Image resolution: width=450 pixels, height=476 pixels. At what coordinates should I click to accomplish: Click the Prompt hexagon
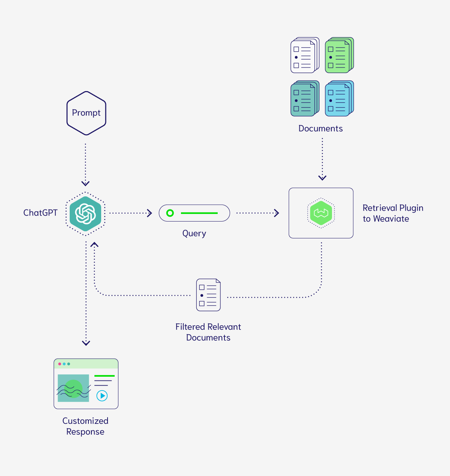[x=86, y=113]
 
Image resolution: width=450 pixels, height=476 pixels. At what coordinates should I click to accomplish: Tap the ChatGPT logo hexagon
[x=85, y=214]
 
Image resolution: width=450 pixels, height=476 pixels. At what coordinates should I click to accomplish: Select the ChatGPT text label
[x=40, y=213]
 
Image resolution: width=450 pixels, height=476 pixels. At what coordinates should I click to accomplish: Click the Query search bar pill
[x=194, y=213]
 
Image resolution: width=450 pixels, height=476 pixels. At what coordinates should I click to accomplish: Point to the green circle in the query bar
[x=170, y=213]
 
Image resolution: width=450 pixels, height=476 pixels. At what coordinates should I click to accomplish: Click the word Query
[x=194, y=234]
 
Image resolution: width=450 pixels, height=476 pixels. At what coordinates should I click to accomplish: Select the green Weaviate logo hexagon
[x=321, y=213]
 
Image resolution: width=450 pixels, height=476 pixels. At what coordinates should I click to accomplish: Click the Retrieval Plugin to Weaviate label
[x=393, y=213]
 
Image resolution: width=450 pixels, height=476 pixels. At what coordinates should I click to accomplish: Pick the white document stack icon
[x=305, y=55]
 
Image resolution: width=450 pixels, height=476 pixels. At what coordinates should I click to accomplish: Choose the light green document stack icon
[x=339, y=55]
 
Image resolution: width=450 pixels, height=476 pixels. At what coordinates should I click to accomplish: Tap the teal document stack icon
[x=305, y=99]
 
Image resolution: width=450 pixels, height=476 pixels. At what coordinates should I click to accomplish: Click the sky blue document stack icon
[x=339, y=99]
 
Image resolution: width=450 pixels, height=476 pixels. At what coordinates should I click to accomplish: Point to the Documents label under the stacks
[x=320, y=129]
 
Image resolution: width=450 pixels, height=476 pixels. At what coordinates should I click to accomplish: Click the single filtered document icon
[x=208, y=295]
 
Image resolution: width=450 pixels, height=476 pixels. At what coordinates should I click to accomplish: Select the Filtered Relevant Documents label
[x=208, y=332]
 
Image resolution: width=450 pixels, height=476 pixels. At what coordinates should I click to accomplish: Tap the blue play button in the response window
[x=102, y=395]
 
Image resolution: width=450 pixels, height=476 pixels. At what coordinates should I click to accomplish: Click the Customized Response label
[x=85, y=426]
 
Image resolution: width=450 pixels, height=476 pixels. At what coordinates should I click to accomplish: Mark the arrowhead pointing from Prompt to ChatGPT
[x=85, y=183]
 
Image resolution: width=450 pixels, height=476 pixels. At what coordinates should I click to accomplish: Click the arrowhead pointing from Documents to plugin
[x=322, y=178]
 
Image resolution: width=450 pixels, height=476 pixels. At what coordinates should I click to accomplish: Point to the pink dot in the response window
[x=60, y=364]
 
